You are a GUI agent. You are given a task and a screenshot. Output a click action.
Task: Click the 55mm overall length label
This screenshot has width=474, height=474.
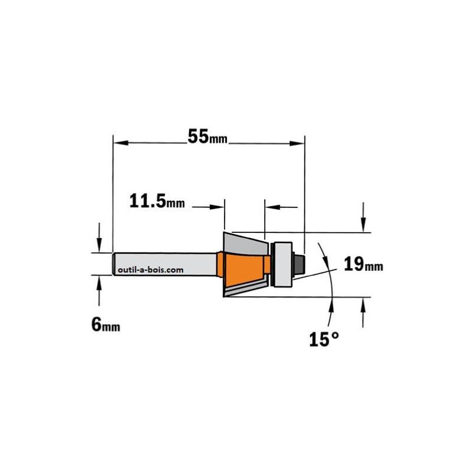pyautogui.click(x=207, y=136)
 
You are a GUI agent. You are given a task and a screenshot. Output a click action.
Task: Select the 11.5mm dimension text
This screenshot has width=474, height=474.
pyautogui.click(x=157, y=201)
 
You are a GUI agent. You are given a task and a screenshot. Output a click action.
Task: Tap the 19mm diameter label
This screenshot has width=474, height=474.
pyautogui.click(x=363, y=265)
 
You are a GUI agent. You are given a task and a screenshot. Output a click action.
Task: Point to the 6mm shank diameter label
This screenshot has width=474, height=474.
pyautogui.click(x=105, y=325)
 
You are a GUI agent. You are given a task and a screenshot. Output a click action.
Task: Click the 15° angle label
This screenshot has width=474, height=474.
pyautogui.click(x=324, y=339)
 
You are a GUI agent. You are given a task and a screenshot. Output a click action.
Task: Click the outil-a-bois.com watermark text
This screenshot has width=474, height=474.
pyautogui.click(x=150, y=270)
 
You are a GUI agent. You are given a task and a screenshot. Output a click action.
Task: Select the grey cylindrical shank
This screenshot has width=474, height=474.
pyautogui.click(x=165, y=264)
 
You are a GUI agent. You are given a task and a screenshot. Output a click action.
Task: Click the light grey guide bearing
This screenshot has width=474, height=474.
pyautogui.click(x=283, y=264)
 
